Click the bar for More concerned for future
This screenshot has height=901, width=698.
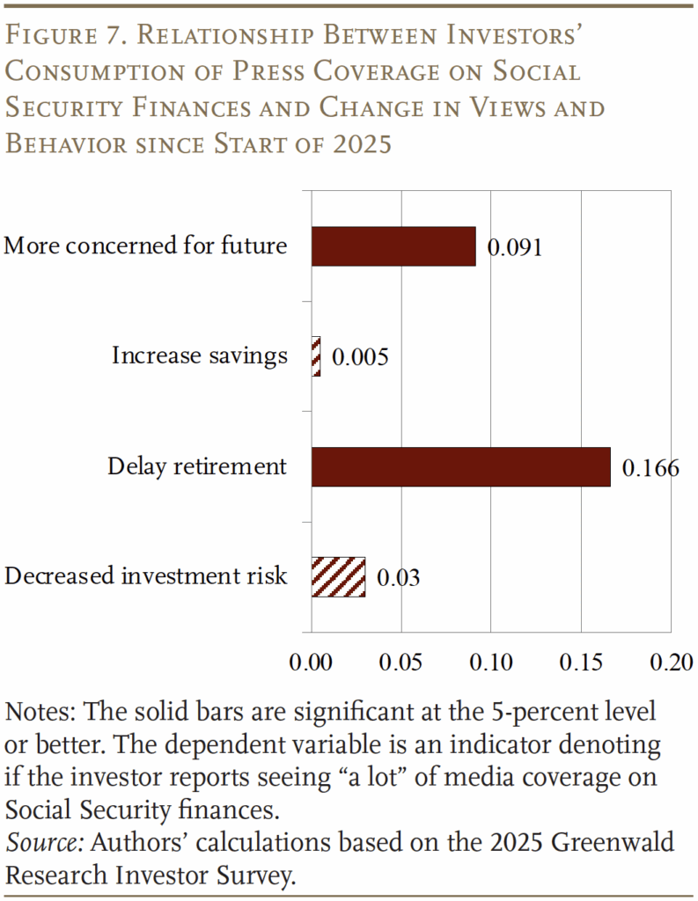393,246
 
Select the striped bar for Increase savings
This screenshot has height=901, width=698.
316,356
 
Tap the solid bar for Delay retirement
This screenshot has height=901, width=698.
460,466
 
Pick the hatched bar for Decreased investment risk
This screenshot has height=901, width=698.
338,577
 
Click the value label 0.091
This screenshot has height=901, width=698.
515,247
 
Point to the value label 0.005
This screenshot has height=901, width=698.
360,357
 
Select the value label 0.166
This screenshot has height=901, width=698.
650,467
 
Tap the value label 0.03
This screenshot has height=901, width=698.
398,578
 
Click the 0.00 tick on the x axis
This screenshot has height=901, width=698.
312,662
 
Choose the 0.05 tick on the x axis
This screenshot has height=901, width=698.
401,662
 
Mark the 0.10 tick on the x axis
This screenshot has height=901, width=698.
491,662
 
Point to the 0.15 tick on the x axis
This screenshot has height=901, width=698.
581,662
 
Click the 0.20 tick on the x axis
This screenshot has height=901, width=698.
671,662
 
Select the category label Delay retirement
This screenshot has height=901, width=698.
197,466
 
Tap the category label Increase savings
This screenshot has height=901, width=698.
199,356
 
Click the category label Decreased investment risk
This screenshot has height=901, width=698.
146,576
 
